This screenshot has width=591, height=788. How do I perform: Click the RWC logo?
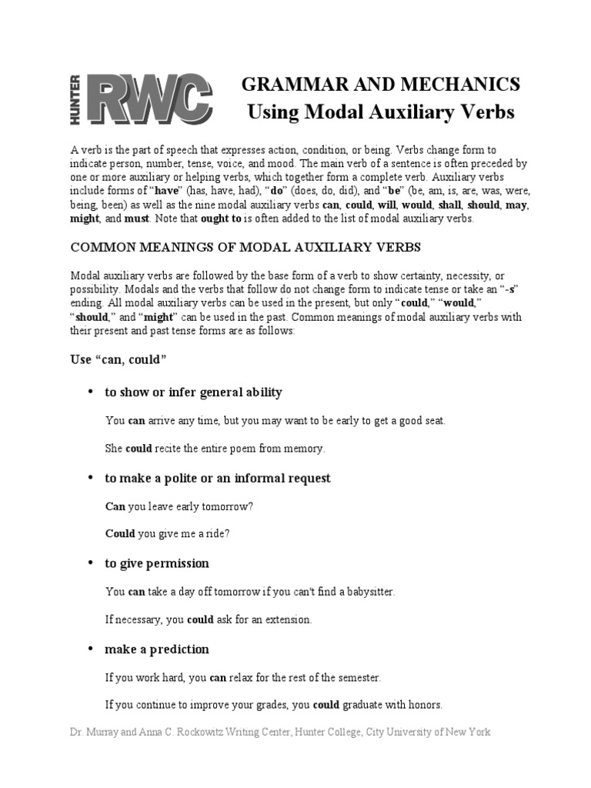coord(146,99)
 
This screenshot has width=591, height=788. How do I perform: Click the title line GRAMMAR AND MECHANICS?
coord(381,85)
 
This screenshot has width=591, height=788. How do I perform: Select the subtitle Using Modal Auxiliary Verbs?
coord(381,112)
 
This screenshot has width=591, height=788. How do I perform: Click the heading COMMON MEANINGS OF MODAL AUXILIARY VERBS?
coord(246,248)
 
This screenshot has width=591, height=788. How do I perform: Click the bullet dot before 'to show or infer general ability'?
coord(90,392)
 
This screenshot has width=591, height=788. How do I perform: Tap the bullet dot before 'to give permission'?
coord(90,564)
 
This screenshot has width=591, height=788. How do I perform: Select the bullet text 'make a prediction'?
coord(157,649)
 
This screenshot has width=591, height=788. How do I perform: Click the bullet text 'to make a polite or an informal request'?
coord(218,478)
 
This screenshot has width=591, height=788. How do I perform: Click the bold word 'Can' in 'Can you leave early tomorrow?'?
coord(114,507)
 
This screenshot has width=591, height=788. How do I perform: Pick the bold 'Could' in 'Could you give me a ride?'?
coord(119,534)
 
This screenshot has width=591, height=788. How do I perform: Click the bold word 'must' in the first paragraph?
coord(137,219)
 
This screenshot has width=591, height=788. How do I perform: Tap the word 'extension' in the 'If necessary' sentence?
coord(289,619)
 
